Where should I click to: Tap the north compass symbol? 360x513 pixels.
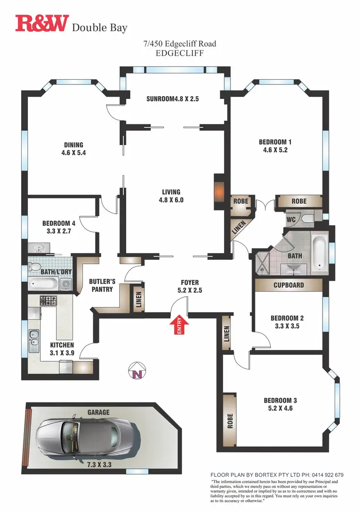coord(137,370)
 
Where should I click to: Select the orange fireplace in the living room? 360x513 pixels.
coord(218,191)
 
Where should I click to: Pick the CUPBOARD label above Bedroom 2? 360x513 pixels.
coord(288,285)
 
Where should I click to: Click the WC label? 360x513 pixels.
coord(291,219)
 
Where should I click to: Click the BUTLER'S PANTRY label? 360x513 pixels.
coord(101,285)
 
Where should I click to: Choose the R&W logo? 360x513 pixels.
coord(42,24)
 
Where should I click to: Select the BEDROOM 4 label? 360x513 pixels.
coord(59,223)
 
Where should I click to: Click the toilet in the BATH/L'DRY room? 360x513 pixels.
coord(35,266)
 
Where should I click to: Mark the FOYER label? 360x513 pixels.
coord(190,282)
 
